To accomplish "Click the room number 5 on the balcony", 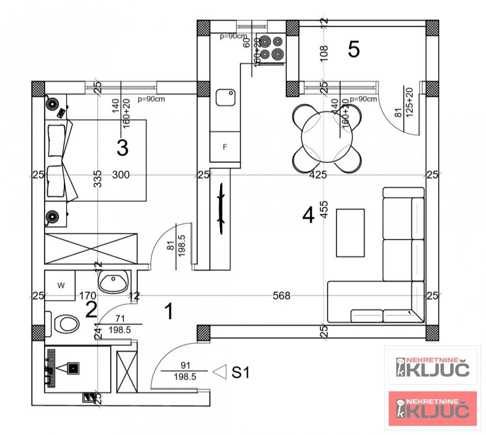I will click(354, 49).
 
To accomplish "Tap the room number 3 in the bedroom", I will click(122, 148).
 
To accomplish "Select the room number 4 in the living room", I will click(308, 215).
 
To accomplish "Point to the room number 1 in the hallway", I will click(169, 312).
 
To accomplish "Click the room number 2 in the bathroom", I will click(91, 310).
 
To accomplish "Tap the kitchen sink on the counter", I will click(225, 97).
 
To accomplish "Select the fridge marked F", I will click(225, 147).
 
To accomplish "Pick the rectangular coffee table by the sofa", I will click(350, 233).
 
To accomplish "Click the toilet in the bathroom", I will click(65, 323).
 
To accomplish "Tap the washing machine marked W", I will click(60, 286).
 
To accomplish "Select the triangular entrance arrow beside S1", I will click(221, 372).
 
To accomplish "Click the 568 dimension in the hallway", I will click(281, 295).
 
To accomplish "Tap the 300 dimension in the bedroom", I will click(120, 174).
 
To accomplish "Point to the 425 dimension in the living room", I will click(318, 174).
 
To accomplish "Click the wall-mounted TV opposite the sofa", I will click(221, 209).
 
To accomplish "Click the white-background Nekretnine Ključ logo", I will click(433, 366).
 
